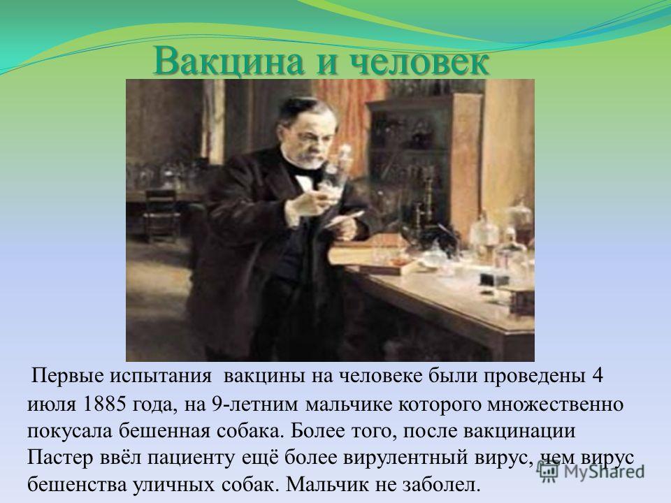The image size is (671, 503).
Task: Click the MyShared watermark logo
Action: pyautogui.click(x=591, y=470)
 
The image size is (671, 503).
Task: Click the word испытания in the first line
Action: pyautogui.click(x=161, y=377)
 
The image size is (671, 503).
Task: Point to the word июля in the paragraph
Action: pyautogui.click(x=51, y=404)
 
